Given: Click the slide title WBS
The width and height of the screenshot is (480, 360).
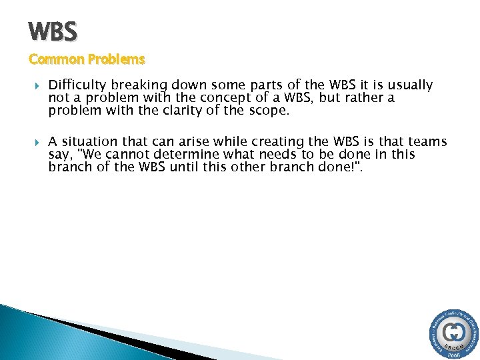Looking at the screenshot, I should point(53,31).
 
